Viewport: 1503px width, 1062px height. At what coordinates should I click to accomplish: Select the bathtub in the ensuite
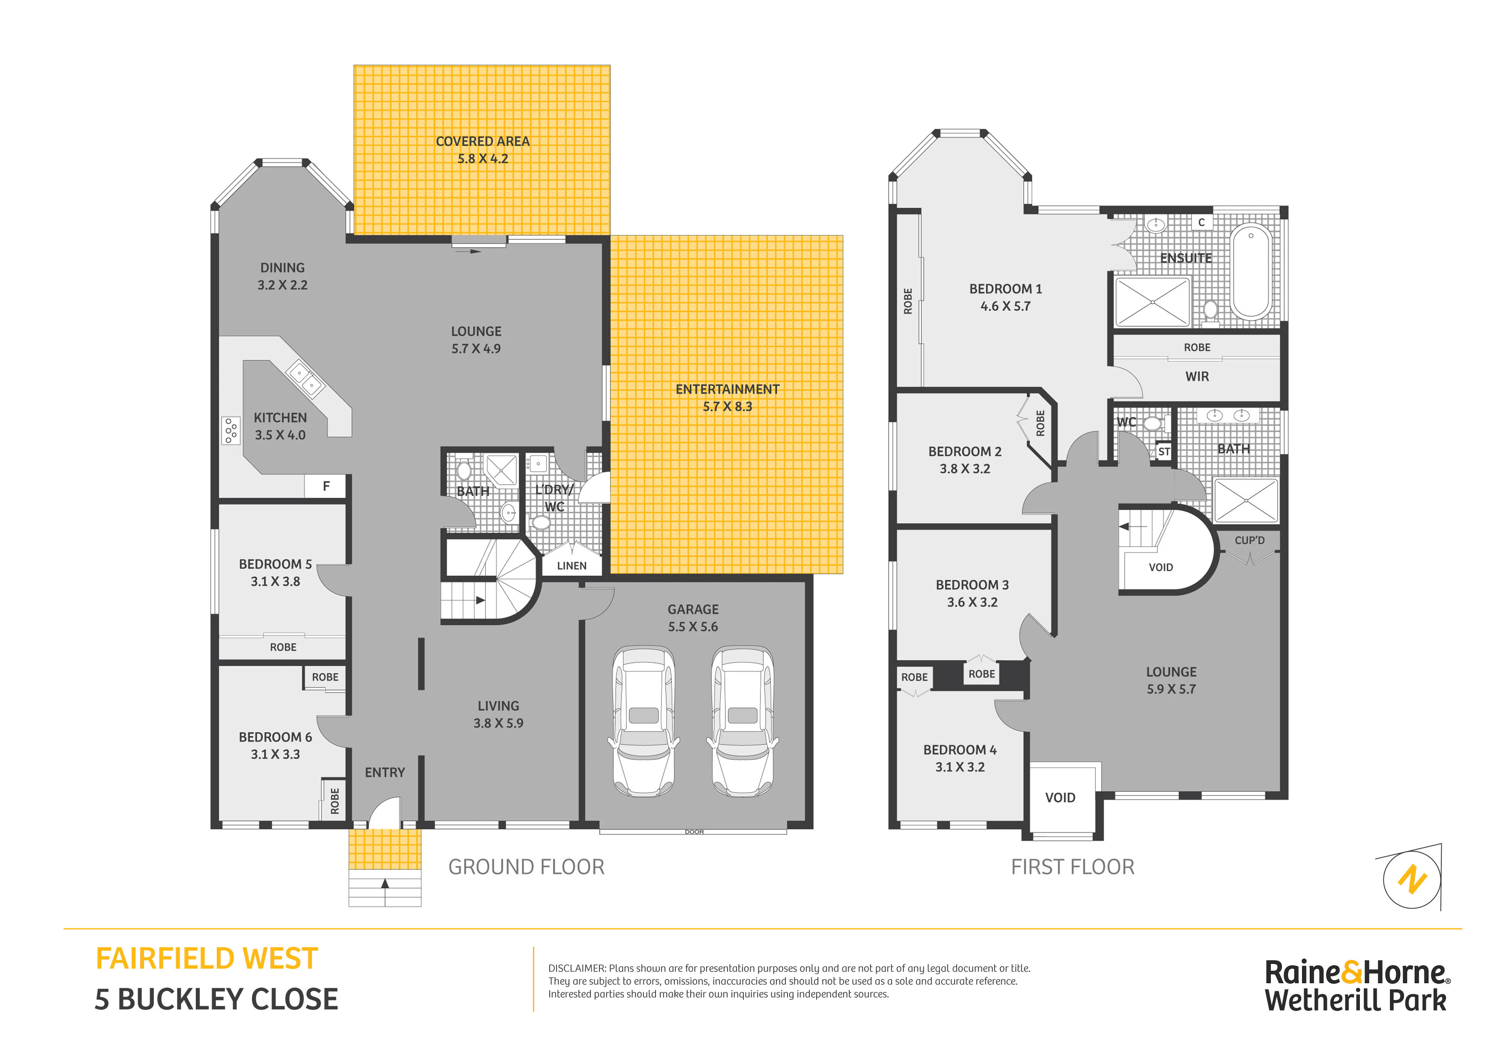pos(1251,271)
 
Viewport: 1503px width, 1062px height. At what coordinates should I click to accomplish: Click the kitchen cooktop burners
pos(231,430)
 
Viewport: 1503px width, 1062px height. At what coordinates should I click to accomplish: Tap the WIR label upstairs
pos(1197,377)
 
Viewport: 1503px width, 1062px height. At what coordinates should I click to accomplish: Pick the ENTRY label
pos(385,773)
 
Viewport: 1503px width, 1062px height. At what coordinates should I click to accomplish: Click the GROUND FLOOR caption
pos(526,867)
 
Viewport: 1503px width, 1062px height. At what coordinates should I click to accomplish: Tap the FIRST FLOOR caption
pos(1072,867)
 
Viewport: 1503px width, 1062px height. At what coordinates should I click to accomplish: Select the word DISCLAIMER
pos(577,968)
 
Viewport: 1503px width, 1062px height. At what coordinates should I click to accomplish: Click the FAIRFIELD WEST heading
pos(207,959)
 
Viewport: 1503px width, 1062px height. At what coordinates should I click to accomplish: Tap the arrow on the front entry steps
pos(385,883)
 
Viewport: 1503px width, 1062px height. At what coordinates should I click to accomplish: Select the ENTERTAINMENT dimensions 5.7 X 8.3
pos(727,407)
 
